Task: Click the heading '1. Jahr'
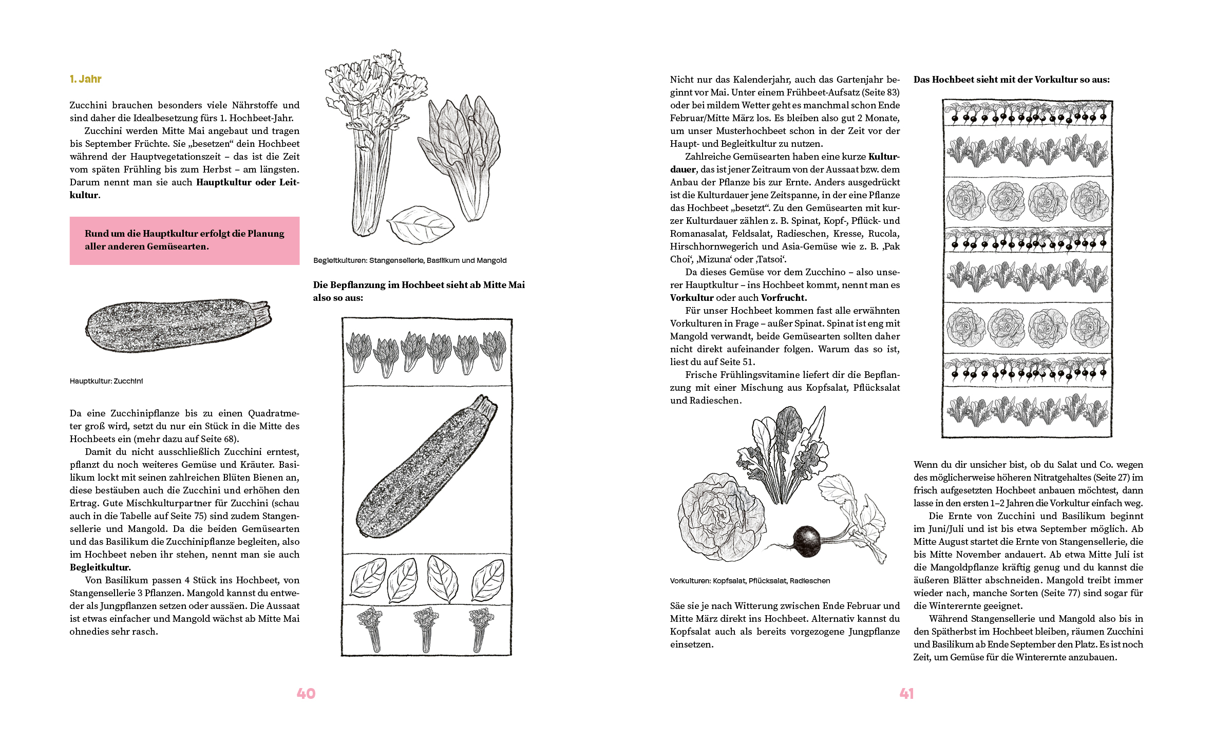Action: tap(86, 79)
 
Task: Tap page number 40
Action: tap(306, 694)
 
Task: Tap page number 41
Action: tap(906, 694)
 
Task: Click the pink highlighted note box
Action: tap(184, 240)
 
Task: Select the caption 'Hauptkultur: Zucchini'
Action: tap(106, 381)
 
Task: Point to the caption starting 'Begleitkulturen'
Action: tap(410, 260)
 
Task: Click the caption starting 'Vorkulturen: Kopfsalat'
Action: tap(750, 581)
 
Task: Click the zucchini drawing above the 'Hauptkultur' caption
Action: tap(177, 325)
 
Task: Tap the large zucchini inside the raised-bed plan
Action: tap(426, 467)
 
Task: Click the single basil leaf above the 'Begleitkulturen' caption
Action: tap(420, 224)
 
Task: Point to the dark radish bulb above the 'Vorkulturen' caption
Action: tap(807, 541)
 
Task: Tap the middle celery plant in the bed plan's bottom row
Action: tap(426, 630)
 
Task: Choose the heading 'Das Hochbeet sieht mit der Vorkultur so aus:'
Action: tap(1011, 80)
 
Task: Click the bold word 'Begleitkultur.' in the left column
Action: tap(100, 567)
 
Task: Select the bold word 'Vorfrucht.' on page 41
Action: tap(784, 298)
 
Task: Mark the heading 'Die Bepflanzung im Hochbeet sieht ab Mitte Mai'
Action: tap(419, 285)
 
